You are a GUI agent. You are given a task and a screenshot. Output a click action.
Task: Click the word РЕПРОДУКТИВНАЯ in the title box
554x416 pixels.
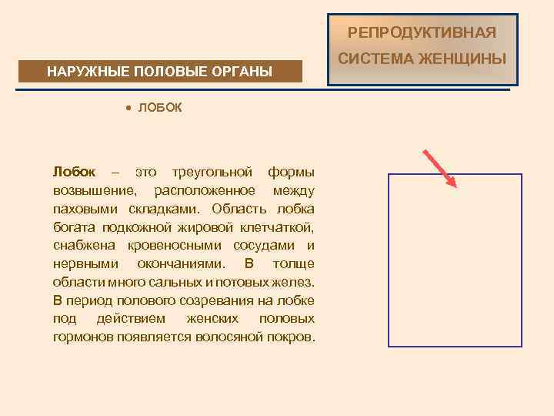422,33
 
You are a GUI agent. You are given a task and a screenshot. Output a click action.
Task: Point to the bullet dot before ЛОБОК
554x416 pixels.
129,108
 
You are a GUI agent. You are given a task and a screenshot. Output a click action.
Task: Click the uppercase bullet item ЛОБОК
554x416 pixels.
160,108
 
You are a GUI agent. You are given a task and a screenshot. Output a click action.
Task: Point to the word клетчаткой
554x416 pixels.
276,226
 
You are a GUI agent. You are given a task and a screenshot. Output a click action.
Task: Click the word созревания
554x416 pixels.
219,300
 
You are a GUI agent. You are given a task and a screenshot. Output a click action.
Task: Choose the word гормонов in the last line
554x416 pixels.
84,337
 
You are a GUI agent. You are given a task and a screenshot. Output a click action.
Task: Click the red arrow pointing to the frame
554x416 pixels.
439,167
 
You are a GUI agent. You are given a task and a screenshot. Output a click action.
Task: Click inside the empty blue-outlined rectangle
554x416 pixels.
455,260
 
